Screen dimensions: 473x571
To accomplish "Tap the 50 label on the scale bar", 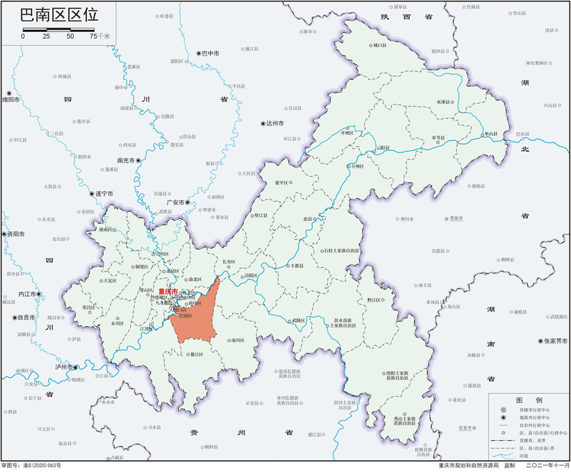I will click(70, 36).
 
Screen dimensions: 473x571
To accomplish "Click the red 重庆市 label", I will click(167, 292).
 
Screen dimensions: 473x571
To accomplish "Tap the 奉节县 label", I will click(438, 138).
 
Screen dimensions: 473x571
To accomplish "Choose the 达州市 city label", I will click(274, 123).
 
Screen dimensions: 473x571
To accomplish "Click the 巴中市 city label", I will click(210, 53).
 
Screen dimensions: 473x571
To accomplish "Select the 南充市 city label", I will click(126, 161).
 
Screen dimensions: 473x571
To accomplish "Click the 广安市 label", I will click(177, 203).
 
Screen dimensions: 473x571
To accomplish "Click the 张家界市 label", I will click(554, 341).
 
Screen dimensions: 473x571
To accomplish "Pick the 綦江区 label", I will click(196, 354).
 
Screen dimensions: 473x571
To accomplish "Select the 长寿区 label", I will click(229, 262).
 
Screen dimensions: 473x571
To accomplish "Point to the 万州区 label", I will click(357, 165).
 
